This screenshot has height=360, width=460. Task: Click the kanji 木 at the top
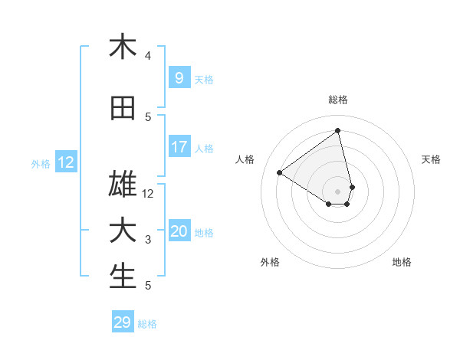[123, 47]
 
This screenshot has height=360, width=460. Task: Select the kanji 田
[123, 109]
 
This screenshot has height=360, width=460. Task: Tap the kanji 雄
[123, 185]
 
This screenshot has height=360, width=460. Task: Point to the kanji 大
[123, 231]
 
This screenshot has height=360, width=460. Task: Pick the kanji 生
[123, 277]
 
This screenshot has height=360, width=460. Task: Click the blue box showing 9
[179, 77]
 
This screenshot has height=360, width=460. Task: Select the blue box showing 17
[179, 147]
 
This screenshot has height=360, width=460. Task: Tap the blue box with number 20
[179, 231]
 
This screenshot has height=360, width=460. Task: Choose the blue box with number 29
[123, 322]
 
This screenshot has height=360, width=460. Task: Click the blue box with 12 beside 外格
[66, 162]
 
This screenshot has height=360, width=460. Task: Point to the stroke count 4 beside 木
[148, 56]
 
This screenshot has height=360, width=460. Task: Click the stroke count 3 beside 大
[148, 241]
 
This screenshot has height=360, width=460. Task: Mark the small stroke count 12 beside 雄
[148, 195]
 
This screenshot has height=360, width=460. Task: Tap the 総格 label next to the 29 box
[147, 324]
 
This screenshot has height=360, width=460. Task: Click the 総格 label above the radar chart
[337, 100]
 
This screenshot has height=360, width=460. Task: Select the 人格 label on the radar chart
[245, 159]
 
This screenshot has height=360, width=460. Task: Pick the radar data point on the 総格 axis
[337, 131]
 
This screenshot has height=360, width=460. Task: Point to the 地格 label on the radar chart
[402, 262]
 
